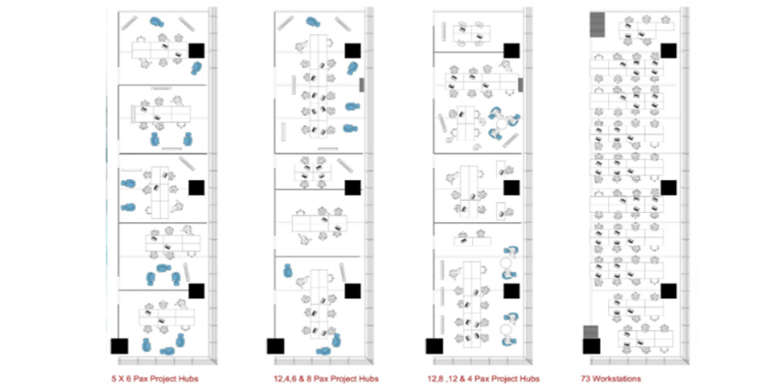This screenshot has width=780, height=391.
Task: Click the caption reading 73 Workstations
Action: pyautogui.click(x=611, y=378)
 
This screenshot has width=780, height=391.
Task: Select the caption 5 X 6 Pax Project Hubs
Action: pyautogui.click(x=154, y=378)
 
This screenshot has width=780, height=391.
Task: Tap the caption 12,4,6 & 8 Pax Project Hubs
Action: pyautogui.click(x=326, y=378)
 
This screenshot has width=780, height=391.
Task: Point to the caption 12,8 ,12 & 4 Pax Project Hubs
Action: pyautogui.click(x=483, y=378)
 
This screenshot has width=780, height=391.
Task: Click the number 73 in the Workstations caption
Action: pyautogui.click(x=585, y=378)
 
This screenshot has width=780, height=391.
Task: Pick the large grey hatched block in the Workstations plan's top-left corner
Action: pyautogui.click(x=597, y=25)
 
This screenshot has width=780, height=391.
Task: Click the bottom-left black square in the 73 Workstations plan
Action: pyautogui.click(x=592, y=346)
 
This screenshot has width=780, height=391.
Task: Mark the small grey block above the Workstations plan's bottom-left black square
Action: pyautogui.click(x=591, y=332)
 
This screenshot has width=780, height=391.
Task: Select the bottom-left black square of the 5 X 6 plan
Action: pyautogui.click(x=119, y=346)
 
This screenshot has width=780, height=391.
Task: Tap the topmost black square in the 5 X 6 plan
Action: pyautogui.click(x=197, y=50)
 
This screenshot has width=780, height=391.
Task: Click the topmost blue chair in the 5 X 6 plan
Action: pyautogui.click(x=157, y=22)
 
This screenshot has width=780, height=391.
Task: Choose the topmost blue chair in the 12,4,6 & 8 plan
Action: pyautogui.click(x=313, y=22)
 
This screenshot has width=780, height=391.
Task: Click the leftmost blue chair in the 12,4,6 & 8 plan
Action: pyautogui.click(x=288, y=271)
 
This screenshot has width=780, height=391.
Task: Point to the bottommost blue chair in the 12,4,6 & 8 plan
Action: pyautogui.click(x=323, y=352)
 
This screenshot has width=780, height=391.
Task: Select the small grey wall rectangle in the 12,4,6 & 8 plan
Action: pyautogui.click(x=362, y=85)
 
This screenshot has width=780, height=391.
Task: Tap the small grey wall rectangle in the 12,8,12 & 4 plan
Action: pyautogui.click(x=520, y=85)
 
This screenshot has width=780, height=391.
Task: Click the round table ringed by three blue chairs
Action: pyautogui.click(x=502, y=123)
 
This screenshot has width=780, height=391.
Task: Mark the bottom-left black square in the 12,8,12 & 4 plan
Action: pyautogui.click(x=435, y=346)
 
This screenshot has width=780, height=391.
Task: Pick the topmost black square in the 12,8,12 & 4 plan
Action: pyautogui.click(x=512, y=50)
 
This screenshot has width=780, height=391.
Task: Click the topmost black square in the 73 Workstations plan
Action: pyautogui.click(x=669, y=50)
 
